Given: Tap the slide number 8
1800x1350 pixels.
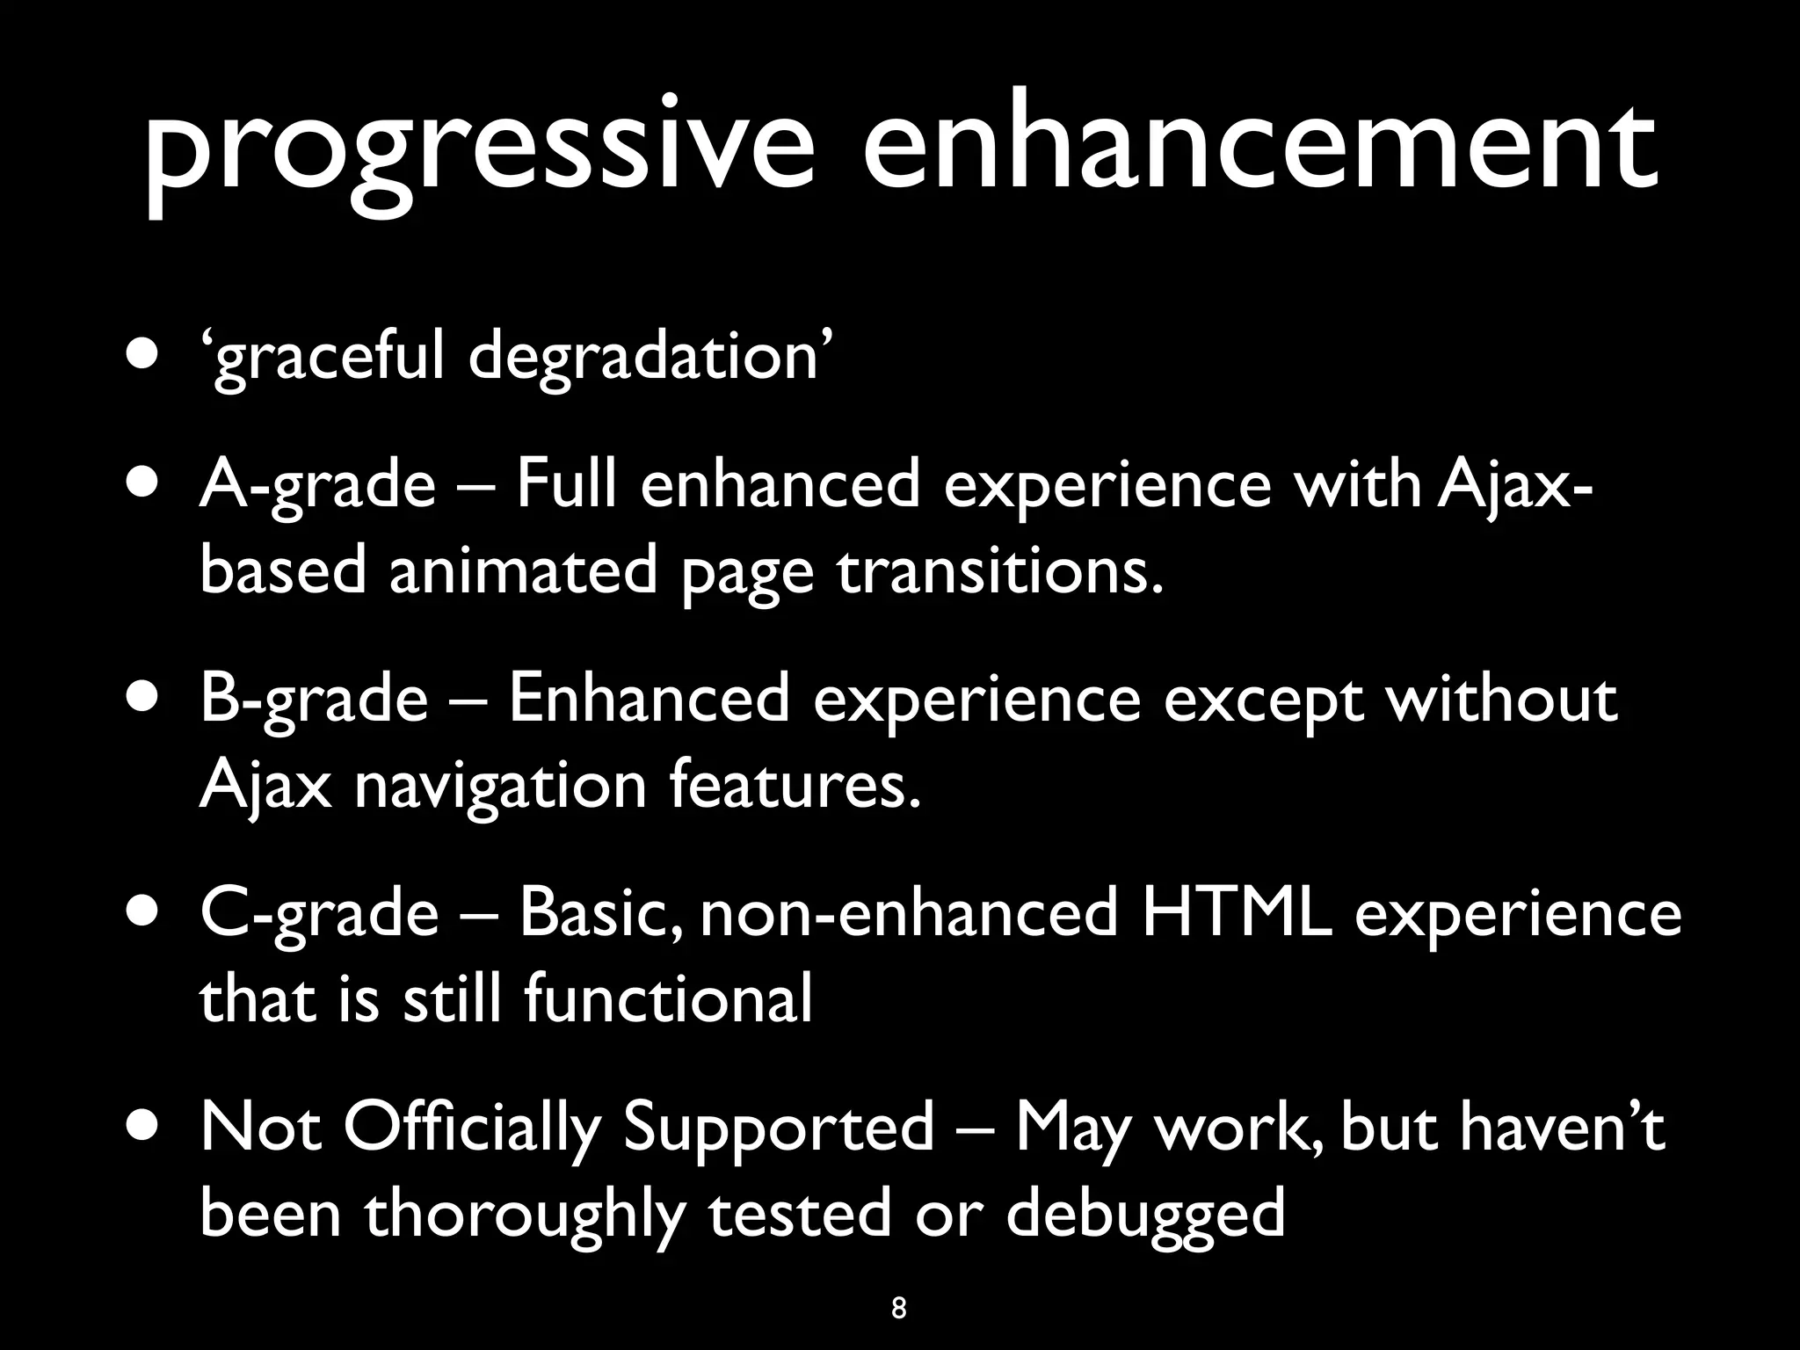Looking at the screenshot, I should (x=898, y=1308).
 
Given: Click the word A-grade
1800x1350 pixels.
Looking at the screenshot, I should (x=317, y=486).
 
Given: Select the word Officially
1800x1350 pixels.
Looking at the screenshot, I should (x=471, y=1128).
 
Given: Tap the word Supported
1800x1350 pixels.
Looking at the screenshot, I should (x=778, y=1128).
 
